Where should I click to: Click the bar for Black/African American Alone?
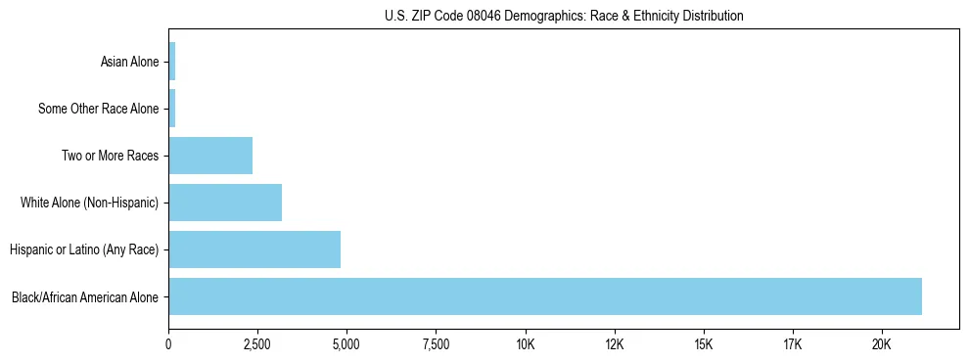(x=545, y=296)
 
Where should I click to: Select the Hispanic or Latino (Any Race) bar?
(x=254, y=249)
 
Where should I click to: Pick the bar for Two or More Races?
(x=210, y=156)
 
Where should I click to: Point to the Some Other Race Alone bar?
(x=172, y=109)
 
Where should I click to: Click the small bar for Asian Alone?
(x=172, y=62)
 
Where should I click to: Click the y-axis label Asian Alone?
(x=129, y=63)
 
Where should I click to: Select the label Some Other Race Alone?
(x=98, y=110)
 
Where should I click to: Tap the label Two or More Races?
(x=110, y=157)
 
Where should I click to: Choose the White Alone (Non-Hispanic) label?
(x=89, y=204)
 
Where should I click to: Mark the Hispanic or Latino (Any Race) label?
(x=83, y=250)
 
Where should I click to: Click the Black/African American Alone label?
(x=84, y=297)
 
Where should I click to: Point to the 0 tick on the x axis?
(x=169, y=344)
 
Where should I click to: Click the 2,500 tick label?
(x=257, y=344)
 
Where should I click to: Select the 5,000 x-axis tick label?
(x=346, y=344)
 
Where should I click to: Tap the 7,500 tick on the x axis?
(x=436, y=344)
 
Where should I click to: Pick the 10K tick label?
(x=526, y=344)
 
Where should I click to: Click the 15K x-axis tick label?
(x=704, y=344)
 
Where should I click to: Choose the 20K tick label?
(x=882, y=344)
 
